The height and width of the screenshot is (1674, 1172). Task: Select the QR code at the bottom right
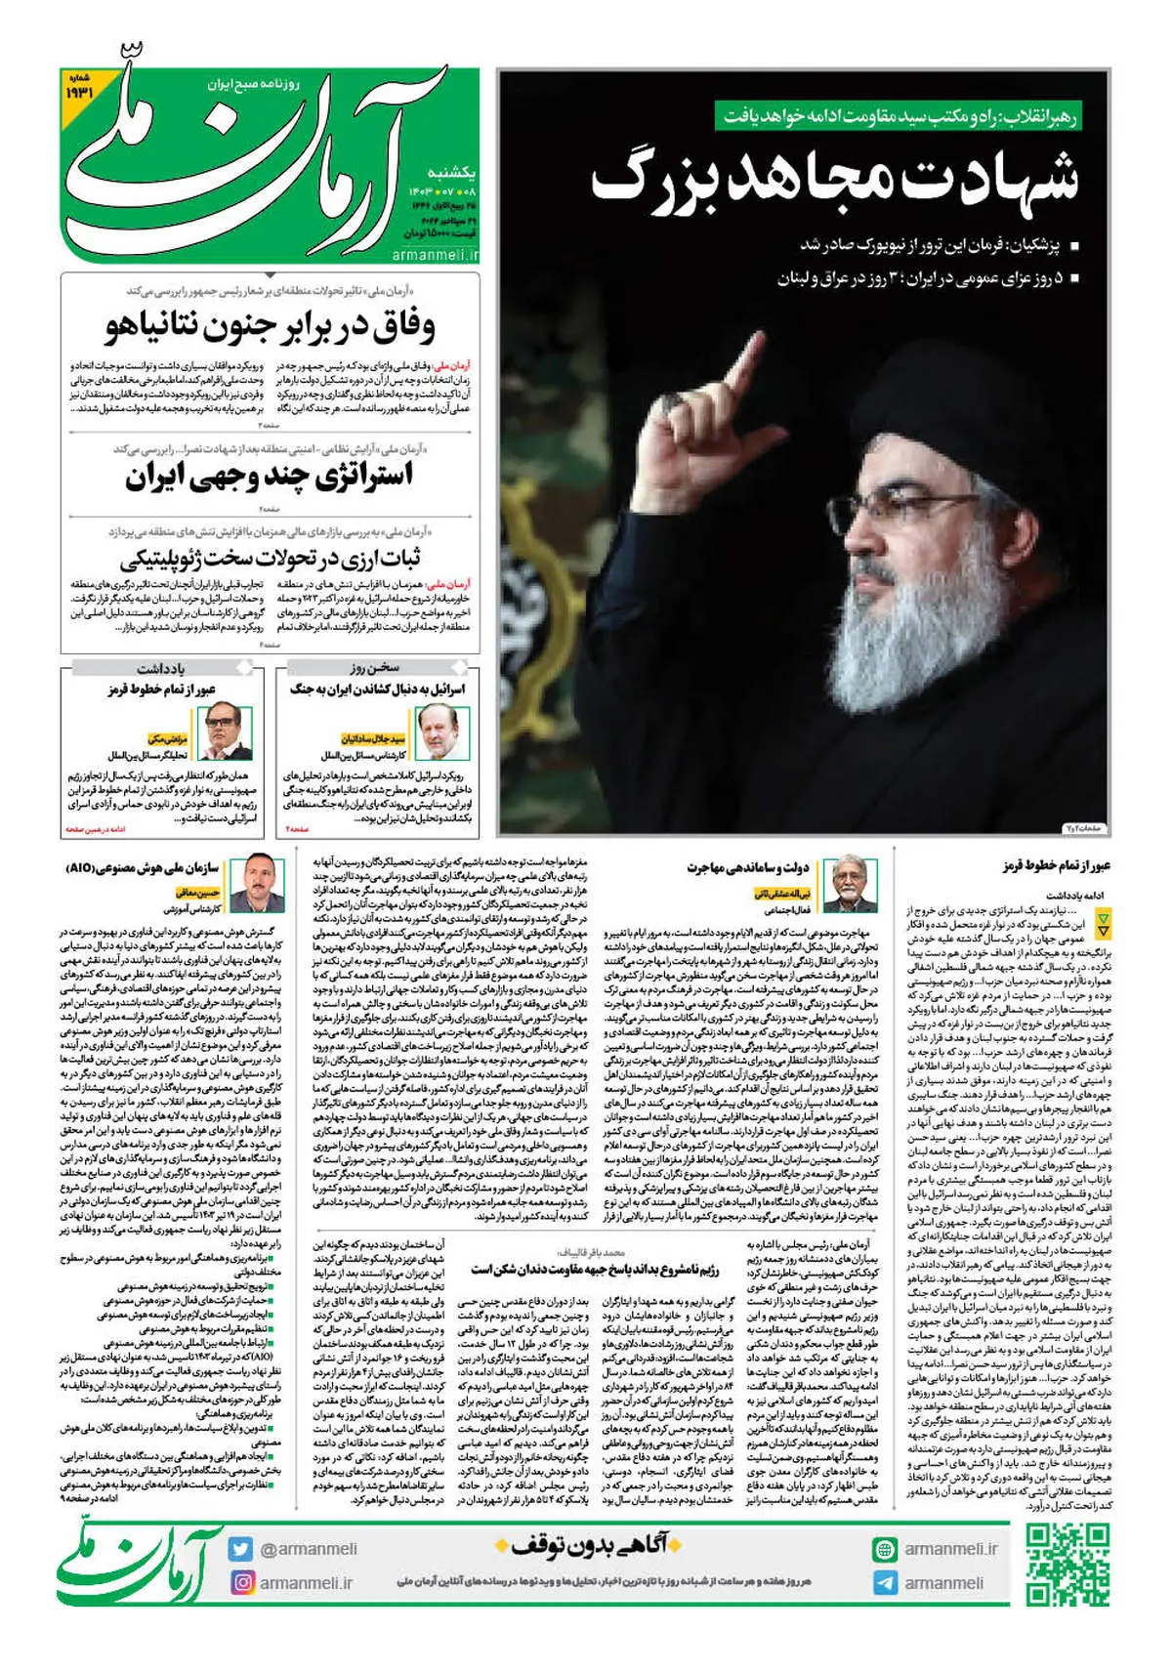coord(1068,1564)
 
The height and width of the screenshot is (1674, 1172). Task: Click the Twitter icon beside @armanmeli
coord(240,1548)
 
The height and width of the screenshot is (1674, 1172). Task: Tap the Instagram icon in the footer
coord(240,1582)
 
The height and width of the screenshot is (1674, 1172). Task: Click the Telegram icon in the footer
coord(885,1582)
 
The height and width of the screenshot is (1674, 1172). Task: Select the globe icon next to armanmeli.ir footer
coord(885,1549)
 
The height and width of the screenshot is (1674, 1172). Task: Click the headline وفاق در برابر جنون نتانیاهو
coord(272,326)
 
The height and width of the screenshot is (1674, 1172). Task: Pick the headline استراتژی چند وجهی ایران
coord(270,477)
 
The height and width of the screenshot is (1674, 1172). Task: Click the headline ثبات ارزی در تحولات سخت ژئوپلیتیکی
coord(271,560)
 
